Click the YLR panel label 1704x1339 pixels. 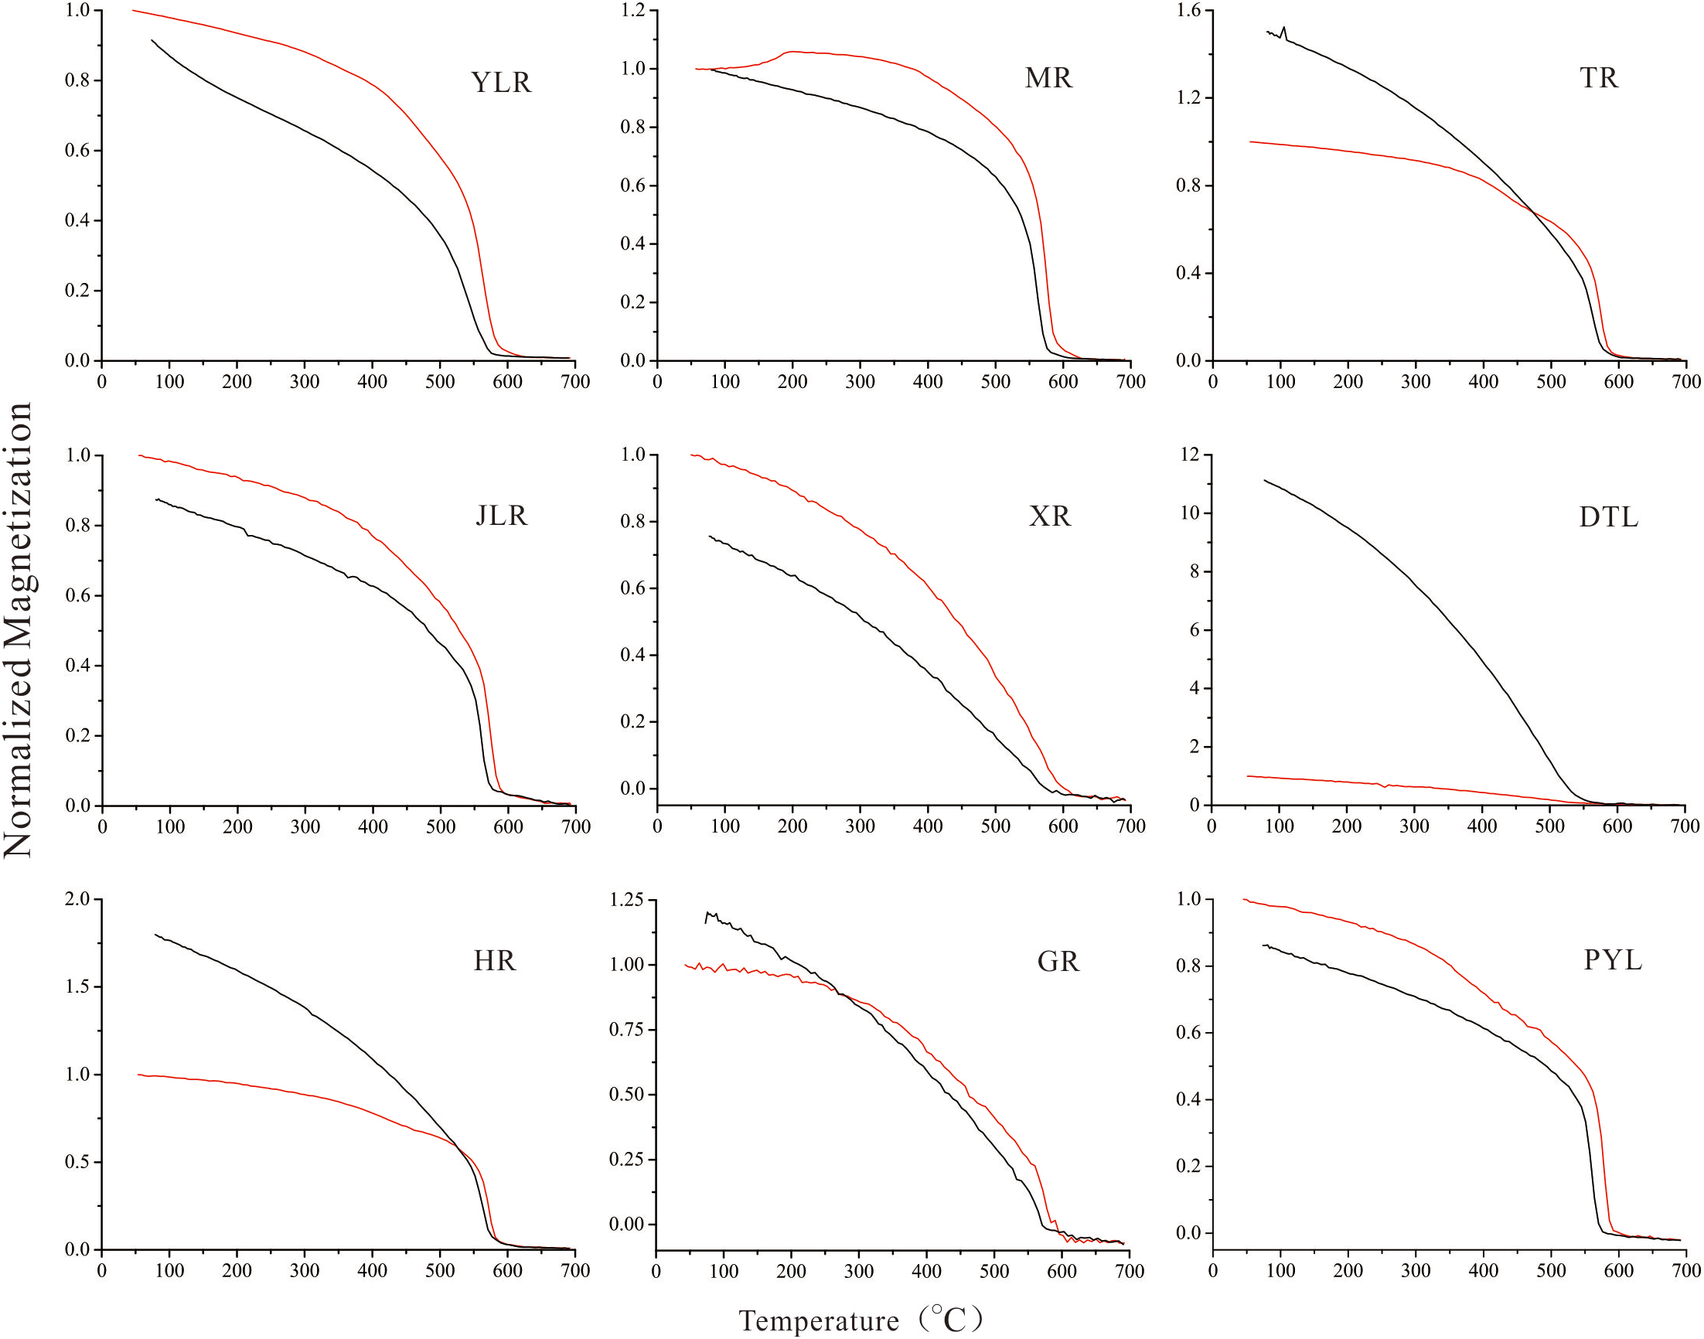(501, 82)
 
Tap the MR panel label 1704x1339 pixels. (1048, 78)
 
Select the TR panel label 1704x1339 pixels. (1598, 78)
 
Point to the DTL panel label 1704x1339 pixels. (1607, 517)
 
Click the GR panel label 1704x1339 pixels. (1058, 961)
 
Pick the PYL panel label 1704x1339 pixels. (1612, 959)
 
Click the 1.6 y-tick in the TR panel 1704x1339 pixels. (1188, 10)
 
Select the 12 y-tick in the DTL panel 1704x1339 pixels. (1190, 455)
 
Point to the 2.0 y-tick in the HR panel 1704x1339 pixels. (77, 899)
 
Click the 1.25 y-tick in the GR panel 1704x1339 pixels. (625, 900)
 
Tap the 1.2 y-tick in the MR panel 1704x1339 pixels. (632, 10)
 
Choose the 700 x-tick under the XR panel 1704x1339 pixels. (1130, 826)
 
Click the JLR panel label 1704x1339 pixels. (502, 515)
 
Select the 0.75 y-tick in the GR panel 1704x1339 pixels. (625, 1029)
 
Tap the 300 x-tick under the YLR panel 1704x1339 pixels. (304, 382)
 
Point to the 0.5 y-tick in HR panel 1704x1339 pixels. (77, 1162)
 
